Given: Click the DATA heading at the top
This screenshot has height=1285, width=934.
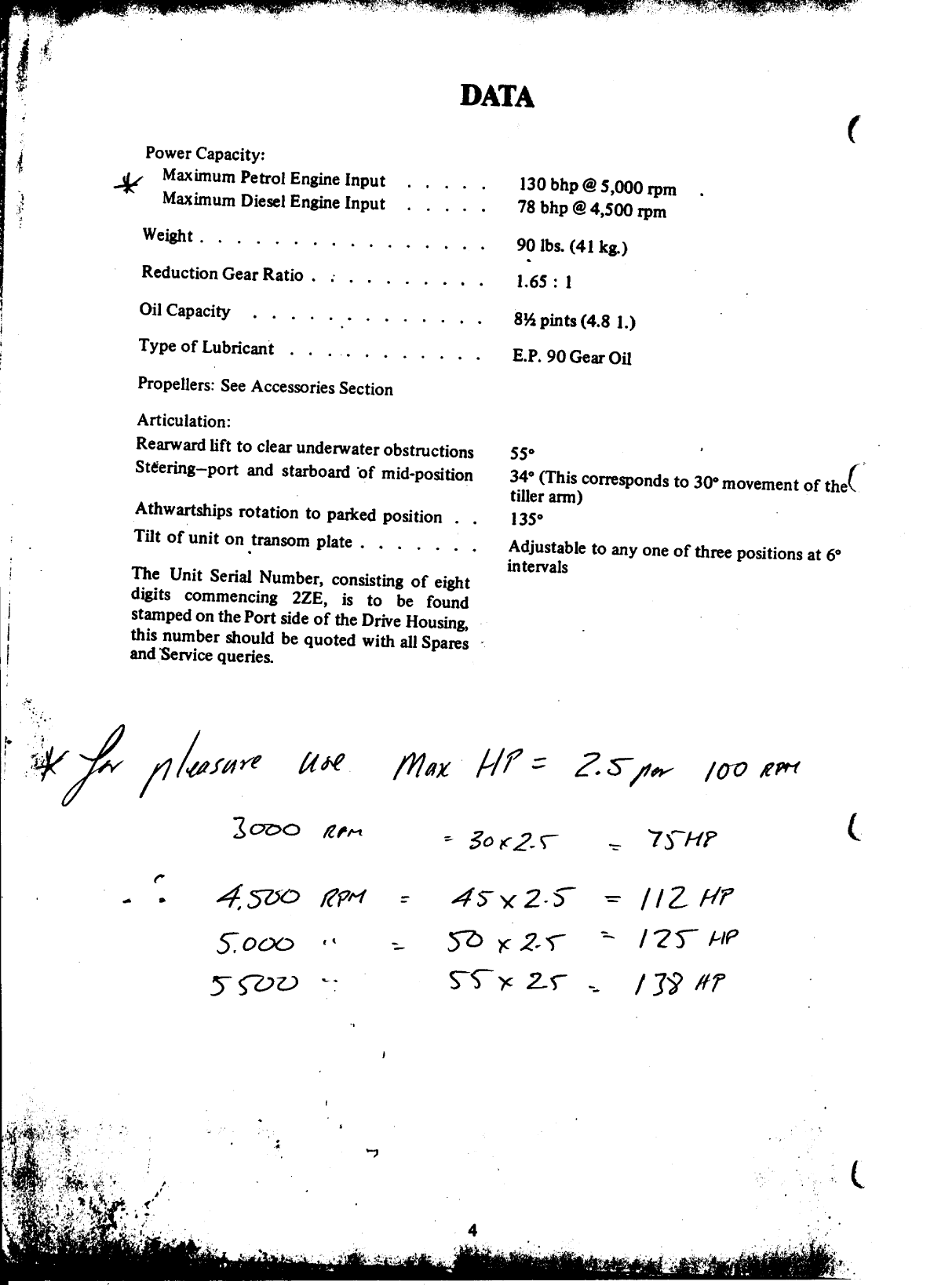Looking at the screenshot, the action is tap(497, 96).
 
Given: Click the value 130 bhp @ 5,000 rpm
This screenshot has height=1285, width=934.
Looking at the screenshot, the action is tap(597, 187).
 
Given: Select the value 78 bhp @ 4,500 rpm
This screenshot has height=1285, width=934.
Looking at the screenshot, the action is tap(591, 209).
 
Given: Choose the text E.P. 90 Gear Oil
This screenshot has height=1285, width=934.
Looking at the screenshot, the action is tap(571, 357).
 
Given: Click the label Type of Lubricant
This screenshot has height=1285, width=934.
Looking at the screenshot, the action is tap(206, 347).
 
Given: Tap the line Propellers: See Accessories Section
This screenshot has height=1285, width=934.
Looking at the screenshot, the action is tap(265, 386).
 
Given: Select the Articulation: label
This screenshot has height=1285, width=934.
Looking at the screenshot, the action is tap(183, 420).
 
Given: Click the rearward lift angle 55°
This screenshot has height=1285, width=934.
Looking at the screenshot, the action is tap(521, 453).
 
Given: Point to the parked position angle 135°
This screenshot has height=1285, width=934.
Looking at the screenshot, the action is tap(525, 519).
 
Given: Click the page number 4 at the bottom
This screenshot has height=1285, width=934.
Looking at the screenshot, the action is tap(471, 1230).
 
